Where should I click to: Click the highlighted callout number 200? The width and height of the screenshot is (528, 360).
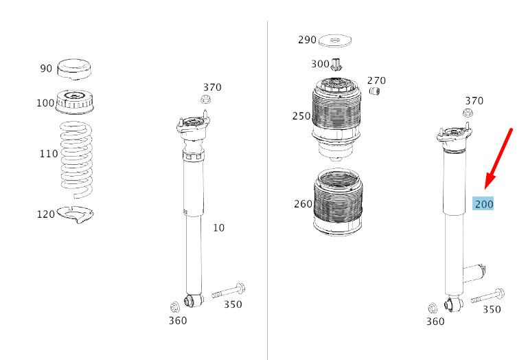click(483, 203)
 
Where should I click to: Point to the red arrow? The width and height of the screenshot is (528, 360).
click(498, 159)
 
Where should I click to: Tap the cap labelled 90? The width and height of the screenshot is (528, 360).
click(74, 69)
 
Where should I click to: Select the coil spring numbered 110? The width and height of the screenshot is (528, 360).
click(76, 160)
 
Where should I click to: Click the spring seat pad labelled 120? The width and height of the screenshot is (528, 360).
click(75, 214)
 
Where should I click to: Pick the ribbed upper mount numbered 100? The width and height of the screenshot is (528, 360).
click(74, 102)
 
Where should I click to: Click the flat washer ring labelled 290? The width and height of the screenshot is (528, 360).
click(335, 41)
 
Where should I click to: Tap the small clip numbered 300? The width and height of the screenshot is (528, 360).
click(336, 65)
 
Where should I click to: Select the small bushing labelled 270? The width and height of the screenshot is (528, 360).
click(374, 91)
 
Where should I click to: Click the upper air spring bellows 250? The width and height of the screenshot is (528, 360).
click(336, 120)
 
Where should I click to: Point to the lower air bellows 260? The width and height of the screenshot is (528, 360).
click(338, 203)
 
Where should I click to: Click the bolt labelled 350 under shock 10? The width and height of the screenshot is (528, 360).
click(229, 291)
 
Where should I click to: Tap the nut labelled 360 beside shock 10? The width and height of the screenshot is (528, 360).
click(175, 306)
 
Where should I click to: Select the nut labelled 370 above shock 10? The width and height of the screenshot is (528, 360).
click(205, 100)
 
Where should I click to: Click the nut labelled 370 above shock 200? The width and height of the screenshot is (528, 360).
click(468, 113)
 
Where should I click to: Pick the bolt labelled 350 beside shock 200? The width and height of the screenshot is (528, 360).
click(487, 295)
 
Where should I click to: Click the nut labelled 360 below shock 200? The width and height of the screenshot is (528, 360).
click(433, 308)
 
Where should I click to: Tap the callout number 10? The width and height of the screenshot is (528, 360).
click(218, 228)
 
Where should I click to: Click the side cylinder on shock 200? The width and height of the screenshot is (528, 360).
click(474, 273)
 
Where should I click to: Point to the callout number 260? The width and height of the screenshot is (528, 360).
click(303, 204)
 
